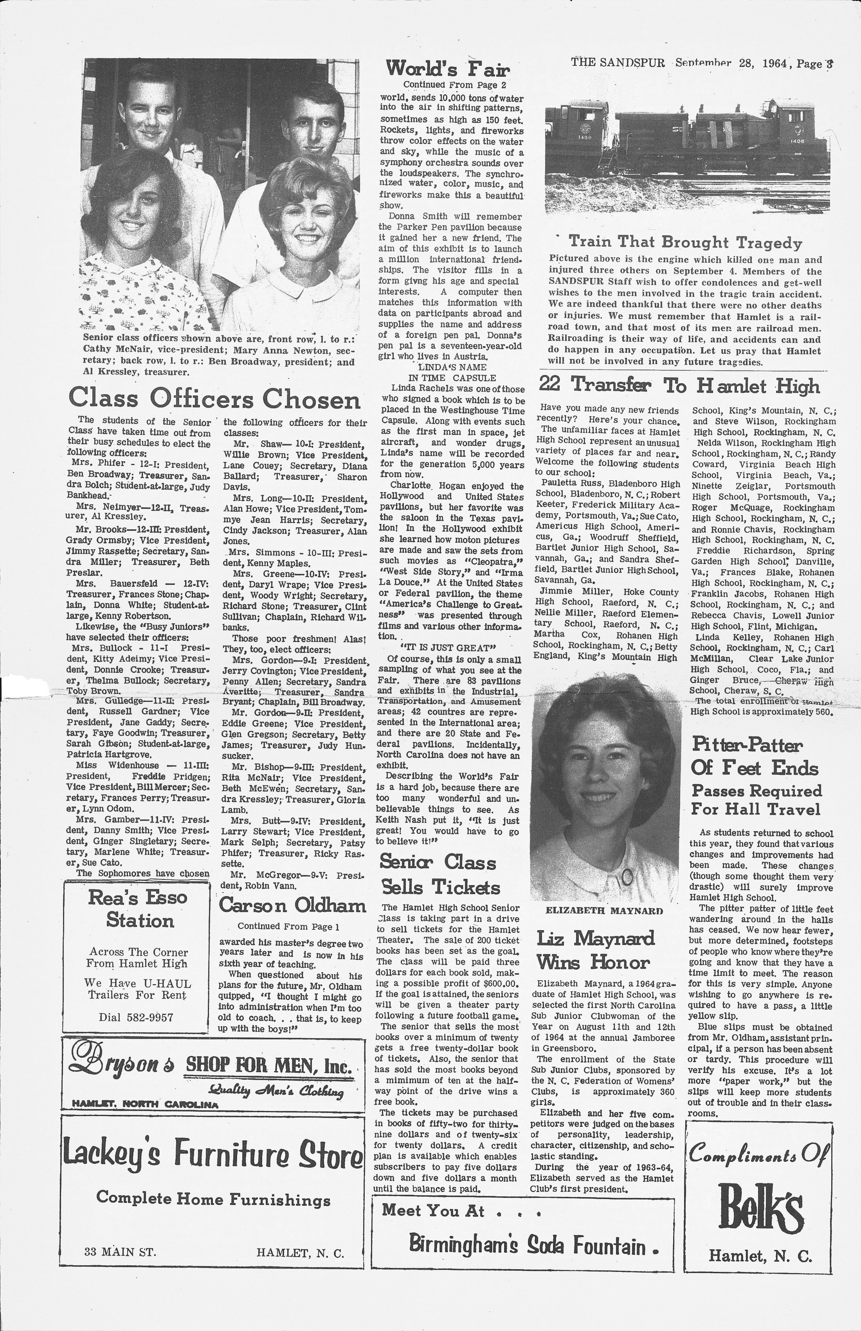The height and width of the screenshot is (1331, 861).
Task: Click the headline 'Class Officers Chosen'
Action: pos(214,399)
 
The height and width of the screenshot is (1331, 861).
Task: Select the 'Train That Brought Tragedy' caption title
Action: pos(685,242)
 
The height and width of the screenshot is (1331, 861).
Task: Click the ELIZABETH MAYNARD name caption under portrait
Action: pos(604,911)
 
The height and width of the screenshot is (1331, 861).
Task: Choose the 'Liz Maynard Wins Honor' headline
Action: pos(595,950)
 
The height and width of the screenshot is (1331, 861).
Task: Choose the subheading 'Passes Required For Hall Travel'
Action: pos(757,800)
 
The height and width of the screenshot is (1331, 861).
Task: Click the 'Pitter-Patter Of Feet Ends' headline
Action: pos(755,756)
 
